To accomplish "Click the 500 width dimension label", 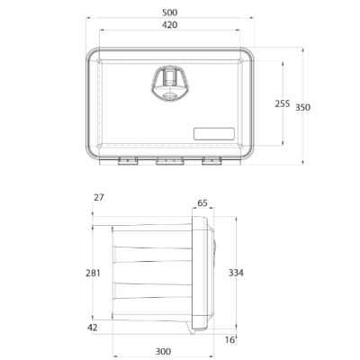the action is pyautogui.click(x=170, y=13).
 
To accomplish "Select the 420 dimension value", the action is pyautogui.click(x=170, y=24).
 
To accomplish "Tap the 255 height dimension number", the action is pyautogui.click(x=283, y=103).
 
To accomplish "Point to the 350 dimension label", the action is pyautogui.click(x=303, y=107).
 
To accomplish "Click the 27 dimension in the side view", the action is pyautogui.click(x=99, y=197).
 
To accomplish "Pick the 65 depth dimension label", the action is pyautogui.click(x=202, y=203).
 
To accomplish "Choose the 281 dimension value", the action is pyautogui.click(x=93, y=274).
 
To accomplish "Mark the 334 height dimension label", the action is pyautogui.click(x=236, y=273).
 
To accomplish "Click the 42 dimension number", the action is pyautogui.click(x=93, y=328).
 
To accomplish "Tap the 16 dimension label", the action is pyautogui.click(x=229, y=340).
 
